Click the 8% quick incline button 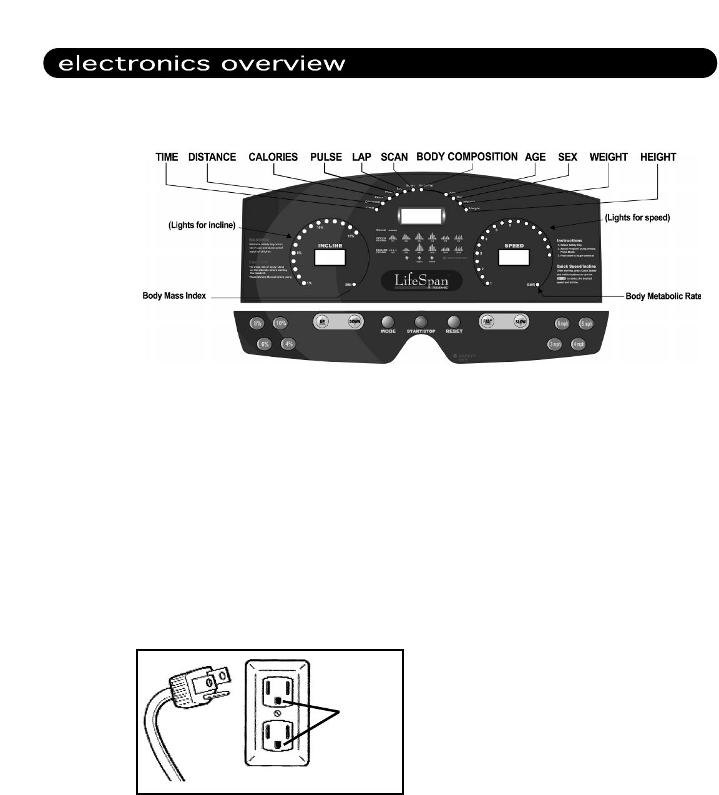[257, 323]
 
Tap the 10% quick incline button [281, 323]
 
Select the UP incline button [323, 322]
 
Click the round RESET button [454, 322]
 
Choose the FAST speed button [488, 322]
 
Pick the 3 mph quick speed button [555, 344]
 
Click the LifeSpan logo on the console [422, 280]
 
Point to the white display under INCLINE [330, 257]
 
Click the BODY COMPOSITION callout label [467, 157]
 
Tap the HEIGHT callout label [658, 157]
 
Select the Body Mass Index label [174, 295]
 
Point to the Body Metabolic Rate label [663, 296]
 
